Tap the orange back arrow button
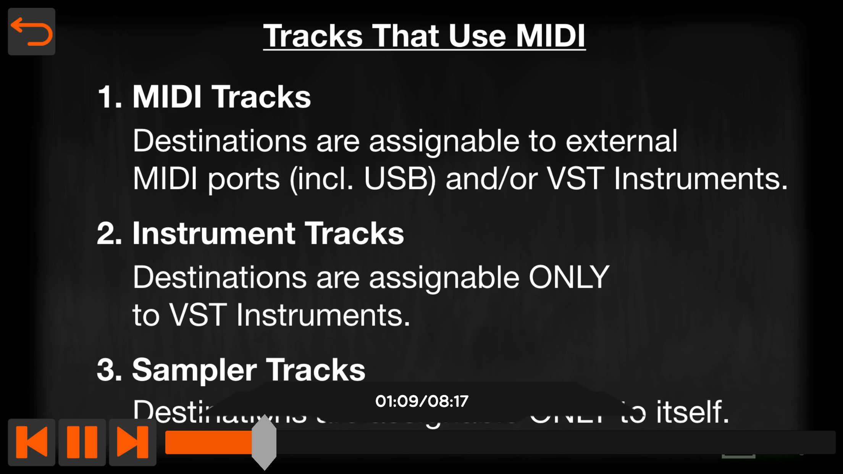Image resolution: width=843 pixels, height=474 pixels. click(x=32, y=32)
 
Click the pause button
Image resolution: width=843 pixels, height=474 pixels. click(x=82, y=442)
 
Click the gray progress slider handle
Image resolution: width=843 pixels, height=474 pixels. click(x=264, y=442)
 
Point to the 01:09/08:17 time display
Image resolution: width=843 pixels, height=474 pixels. click(x=421, y=401)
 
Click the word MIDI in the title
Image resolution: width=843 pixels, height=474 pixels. click(x=551, y=36)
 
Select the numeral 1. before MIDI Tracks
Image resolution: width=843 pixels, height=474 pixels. click(x=110, y=97)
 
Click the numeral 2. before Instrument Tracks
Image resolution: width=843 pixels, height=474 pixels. click(x=110, y=234)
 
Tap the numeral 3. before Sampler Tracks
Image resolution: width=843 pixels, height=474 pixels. click(x=110, y=370)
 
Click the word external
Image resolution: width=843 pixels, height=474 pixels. click(x=621, y=141)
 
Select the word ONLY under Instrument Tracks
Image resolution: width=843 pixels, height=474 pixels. click(x=569, y=277)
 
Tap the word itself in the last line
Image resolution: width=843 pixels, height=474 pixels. click(x=693, y=412)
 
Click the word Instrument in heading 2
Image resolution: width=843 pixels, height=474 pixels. click(x=214, y=234)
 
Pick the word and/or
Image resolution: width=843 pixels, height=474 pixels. click(x=492, y=179)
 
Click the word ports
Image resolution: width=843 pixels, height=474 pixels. click(x=244, y=179)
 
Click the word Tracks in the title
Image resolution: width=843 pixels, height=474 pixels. click(x=313, y=36)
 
